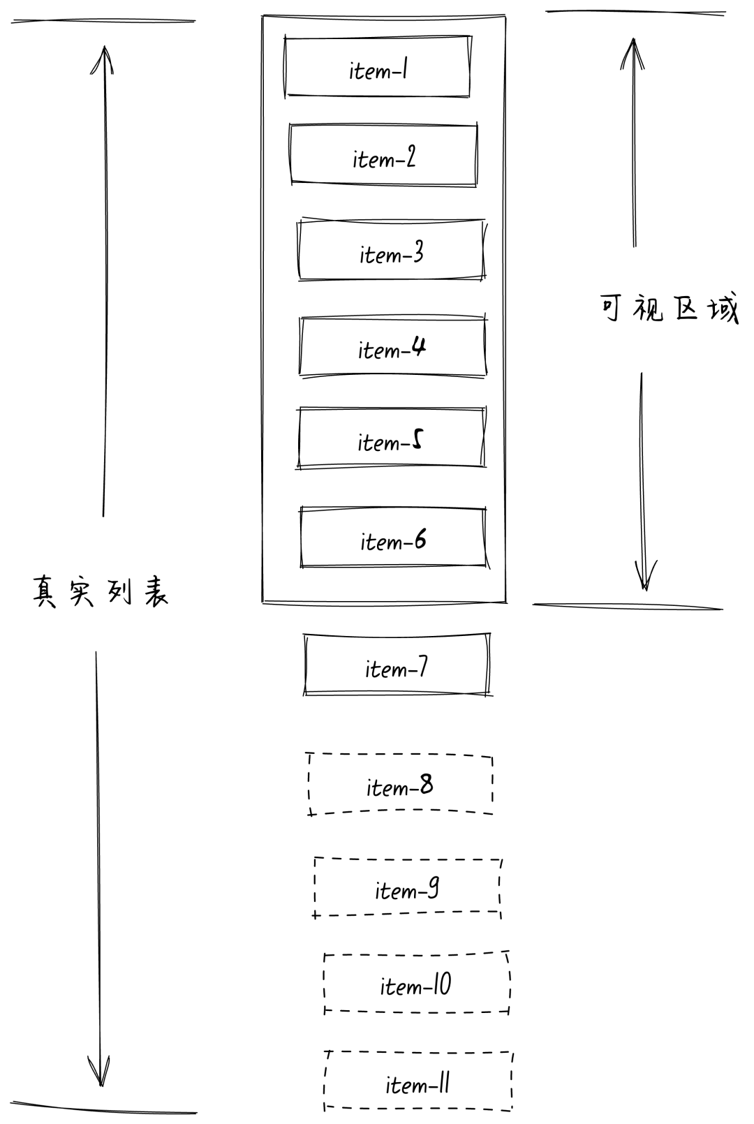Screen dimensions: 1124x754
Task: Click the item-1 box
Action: (377, 67)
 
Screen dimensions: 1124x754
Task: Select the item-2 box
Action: (383, 156)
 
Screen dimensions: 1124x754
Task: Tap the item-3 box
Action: (391, 251)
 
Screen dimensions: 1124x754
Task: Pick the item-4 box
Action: (392, 347)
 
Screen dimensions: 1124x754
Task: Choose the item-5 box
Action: (391, 438)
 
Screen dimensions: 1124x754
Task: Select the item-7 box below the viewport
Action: (397, 665)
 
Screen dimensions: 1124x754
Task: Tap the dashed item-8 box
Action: (400, 785)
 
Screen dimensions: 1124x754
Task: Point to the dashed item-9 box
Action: (408, 887)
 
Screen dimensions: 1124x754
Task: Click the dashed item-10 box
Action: (417, 984)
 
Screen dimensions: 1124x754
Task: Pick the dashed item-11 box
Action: (418, 1081)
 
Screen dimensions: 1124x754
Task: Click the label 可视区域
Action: (669, 309)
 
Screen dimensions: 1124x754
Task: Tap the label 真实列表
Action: (101, 593)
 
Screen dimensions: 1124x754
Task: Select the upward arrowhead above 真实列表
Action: (104, 57)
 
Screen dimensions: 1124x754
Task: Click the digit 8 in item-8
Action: (425, 785)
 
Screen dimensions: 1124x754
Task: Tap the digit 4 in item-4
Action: (417, 346)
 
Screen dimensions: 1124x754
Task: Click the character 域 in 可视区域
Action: (723, 309)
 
